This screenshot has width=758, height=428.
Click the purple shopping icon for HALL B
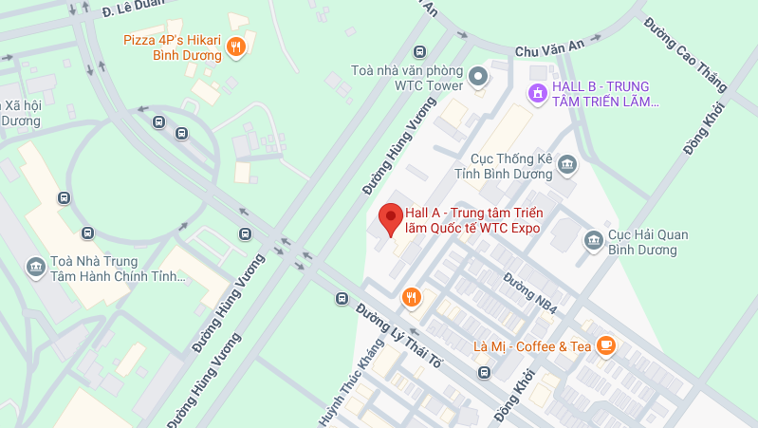pos(537,92)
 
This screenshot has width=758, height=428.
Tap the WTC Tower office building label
pos(407,78)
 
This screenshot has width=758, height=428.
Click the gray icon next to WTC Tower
pos(479,74)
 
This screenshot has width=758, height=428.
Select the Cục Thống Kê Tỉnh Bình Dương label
pos(512,166)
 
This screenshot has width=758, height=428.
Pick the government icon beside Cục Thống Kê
pos(567,164)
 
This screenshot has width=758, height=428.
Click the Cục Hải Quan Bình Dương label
pos(641,242)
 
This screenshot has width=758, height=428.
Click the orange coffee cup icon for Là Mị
pos(606,346)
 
